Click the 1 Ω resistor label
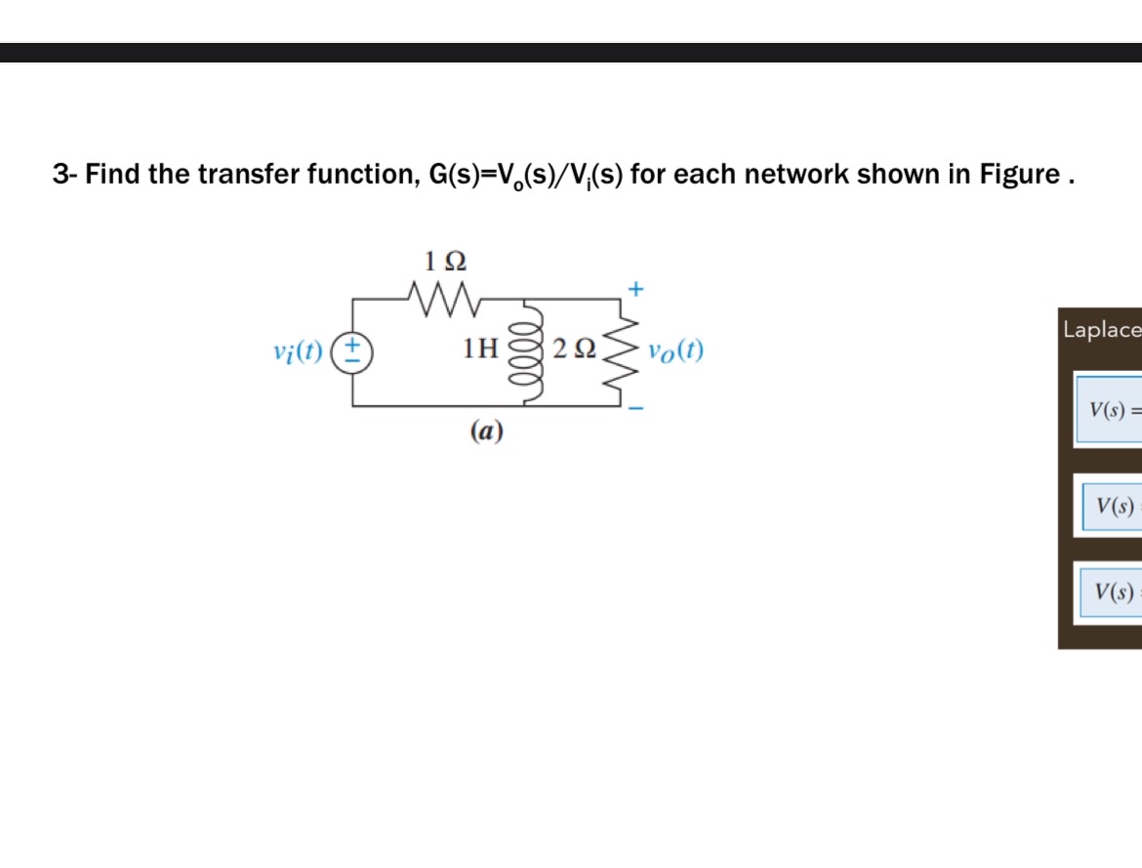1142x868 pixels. (445, 261)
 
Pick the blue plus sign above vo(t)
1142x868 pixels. (636, 289)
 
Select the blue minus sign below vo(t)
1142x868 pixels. (636, 408)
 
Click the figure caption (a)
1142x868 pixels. (486, 431)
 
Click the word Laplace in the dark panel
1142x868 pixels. (1101, 329)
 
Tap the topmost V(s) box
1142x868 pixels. (1110, 409)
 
